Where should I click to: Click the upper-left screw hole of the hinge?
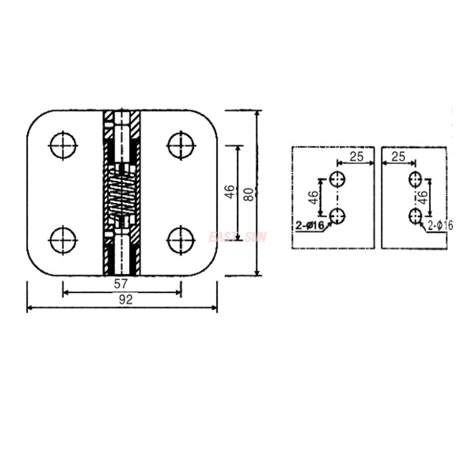pos(63,145)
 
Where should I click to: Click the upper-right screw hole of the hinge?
pos(181,145)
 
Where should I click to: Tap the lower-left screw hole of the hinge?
pos(63,240)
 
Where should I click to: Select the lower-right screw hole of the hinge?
pos(181,240)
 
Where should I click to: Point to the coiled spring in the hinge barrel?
pos(122,195)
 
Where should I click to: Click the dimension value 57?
pos(122,284)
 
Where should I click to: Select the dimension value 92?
pos(125,300)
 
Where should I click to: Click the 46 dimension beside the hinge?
pos(230,193)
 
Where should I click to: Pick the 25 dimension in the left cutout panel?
pos(355,157)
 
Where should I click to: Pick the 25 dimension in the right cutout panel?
pos(399,157)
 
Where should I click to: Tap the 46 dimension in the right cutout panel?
pos(423,197)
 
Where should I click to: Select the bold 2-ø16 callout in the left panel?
pos(309,225)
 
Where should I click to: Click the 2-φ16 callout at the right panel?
pos(440,225)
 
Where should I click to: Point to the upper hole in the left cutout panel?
pos(338,179)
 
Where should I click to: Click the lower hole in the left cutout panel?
pos(338,216)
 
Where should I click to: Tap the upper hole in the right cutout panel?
pos(416,179)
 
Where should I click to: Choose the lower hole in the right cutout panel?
pos(416,216)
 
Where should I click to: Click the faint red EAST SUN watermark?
pos(238,237)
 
